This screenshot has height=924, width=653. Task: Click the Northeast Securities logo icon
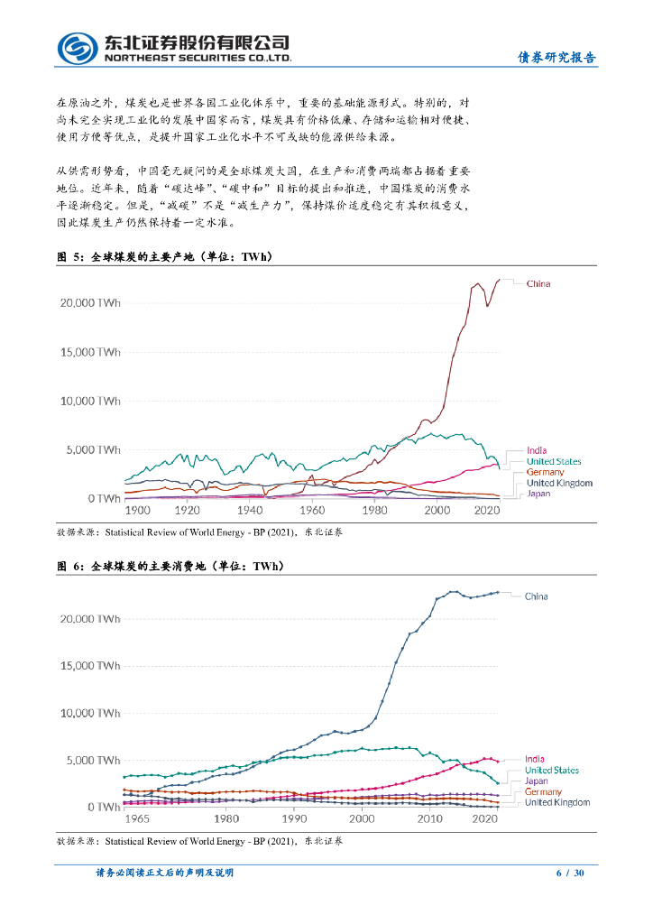point(78,48)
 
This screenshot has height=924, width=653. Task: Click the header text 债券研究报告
point(556,58)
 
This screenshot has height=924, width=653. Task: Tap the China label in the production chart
point(538,283)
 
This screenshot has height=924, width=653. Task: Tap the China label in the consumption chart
point(536,596)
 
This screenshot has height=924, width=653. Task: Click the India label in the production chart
point(536,450)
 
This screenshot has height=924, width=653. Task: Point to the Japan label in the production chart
point(538,494)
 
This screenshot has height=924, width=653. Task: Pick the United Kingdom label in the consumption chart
point(557,802)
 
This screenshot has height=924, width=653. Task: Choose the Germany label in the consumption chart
point(543,791)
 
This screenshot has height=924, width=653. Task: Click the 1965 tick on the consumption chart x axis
point(137,818)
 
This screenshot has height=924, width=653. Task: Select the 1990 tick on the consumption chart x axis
point(294,818)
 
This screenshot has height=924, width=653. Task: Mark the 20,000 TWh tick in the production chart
point(90,302)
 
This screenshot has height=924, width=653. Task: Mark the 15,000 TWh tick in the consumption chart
point(90,666)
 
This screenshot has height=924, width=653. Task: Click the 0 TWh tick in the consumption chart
point(102,807)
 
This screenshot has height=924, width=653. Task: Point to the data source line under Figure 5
point(199,532)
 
